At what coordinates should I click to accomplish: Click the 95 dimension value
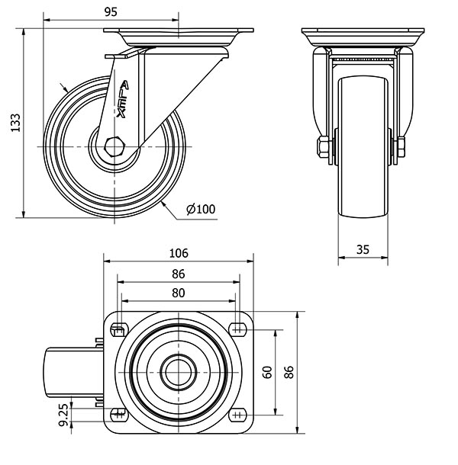(111, 12)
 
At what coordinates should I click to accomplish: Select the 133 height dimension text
(15, 123)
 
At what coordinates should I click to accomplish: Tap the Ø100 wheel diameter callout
(201, 210)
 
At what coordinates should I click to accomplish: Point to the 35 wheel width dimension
(363, 250)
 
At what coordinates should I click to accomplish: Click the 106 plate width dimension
(179, 253)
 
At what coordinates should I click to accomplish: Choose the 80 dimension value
(178, 293)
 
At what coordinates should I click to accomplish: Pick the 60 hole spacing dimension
(268, 372)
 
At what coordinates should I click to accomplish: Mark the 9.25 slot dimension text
(64, 415)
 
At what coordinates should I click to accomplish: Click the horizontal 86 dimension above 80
(178, 274)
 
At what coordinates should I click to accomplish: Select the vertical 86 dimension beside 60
(289, 372)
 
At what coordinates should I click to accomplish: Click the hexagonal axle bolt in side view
(114, 146)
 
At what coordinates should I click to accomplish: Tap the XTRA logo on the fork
(122, 99)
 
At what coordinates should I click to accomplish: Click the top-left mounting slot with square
(119, 330)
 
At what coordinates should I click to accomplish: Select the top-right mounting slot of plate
(237, 329)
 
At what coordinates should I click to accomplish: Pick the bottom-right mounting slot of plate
(237, 415)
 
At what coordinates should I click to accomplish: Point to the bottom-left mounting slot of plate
(119, 415)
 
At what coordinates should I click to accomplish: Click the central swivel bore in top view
(178, 373)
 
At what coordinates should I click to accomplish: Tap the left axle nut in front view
(323, 147)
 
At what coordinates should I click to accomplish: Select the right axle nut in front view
(401, 147)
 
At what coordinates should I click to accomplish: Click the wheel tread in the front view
(363, 147)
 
